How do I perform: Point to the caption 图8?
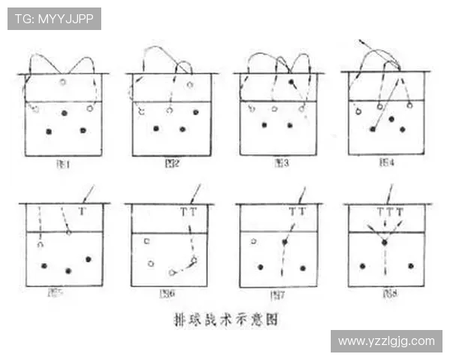[388, 294]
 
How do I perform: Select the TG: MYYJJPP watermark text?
[54, 19]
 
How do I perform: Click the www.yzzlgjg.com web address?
[385, 341]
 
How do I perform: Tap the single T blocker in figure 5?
[82, 212]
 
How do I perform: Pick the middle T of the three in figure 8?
[389, 212]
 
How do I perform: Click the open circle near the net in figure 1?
[63, 82]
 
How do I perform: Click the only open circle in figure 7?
[253, 241]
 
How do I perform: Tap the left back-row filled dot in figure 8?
[362, 266]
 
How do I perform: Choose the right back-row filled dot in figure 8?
[411, 266]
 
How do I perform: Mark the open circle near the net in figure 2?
[190, 85]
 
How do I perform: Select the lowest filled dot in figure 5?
[68, 271]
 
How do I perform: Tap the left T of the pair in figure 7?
[292, 212]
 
